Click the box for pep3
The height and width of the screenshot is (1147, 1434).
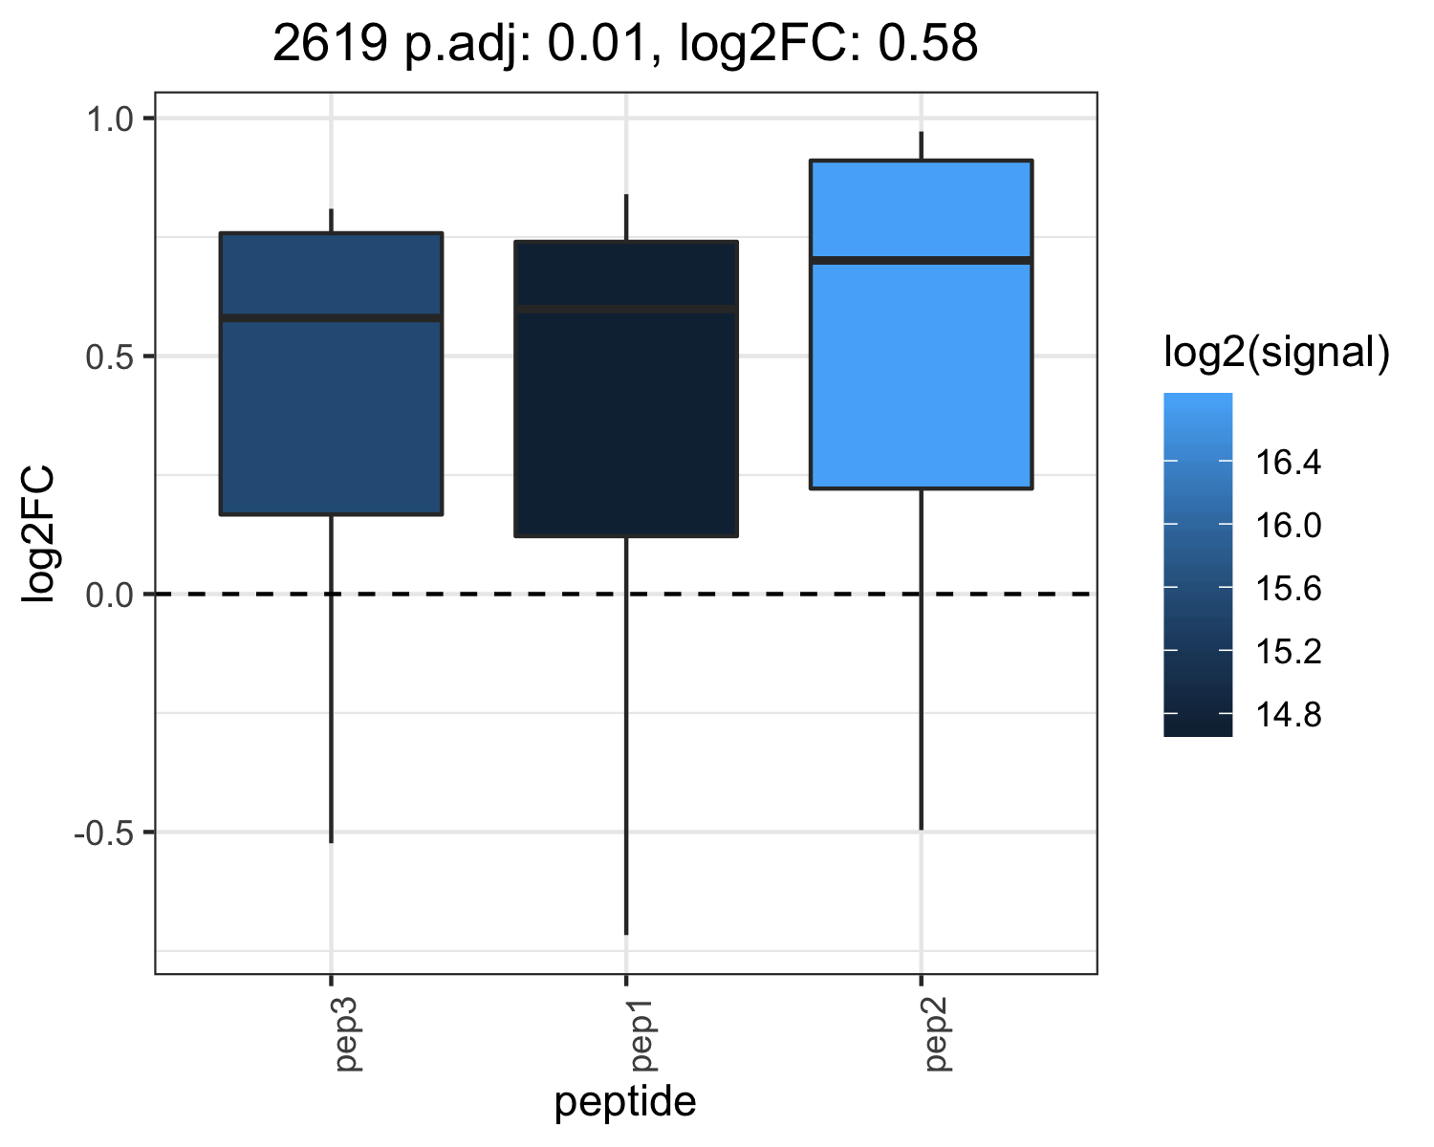[331, 373]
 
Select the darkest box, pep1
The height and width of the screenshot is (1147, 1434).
[626, 389]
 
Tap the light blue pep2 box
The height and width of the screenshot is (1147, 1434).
[921, 325]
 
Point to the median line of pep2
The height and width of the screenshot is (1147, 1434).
[921, 260]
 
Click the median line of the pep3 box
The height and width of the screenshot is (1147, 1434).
[331, 318]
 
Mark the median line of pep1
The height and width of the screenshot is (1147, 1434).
[626, 310]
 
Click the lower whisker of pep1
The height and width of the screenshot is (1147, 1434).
[626, 736]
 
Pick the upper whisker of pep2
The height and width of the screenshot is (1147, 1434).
[921, 145]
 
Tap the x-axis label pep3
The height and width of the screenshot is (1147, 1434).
[348, 1035]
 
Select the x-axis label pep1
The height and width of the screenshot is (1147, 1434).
[642, 1035]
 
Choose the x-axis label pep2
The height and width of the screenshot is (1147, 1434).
[938, 1035]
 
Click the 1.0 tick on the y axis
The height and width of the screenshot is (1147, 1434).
[110, 119]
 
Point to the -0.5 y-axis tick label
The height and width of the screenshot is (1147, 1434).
[104, 833]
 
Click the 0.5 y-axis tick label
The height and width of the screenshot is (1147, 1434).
[110, 357]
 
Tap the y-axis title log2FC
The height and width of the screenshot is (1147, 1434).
[37, 535]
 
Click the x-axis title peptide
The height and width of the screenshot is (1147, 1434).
[625, 1102]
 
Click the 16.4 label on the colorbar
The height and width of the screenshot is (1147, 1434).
[1288, 462]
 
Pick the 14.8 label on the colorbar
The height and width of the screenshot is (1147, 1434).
[1288, 714]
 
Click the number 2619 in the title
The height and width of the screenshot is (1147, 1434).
[330, 43]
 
